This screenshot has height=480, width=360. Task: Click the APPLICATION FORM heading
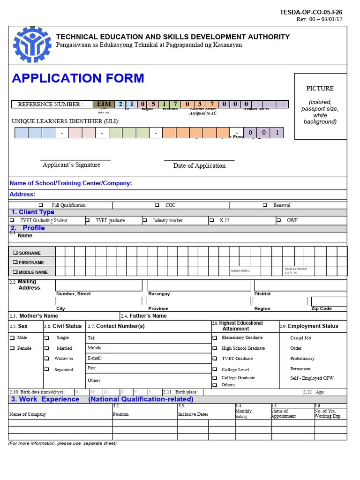pyautogui.click(x=78, y=78)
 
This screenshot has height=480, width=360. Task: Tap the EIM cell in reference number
pyautogui.click(x=104, y=104)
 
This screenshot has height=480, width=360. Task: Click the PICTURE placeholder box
pyautogui.click(x=320, y=106)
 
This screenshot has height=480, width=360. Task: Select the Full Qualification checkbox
pyautogui.click(x=41, y=205)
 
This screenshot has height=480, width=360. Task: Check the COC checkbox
pyautogui.click(x=157, y=205)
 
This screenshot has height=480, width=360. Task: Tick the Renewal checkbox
pyautogui.click(x=265, y=205)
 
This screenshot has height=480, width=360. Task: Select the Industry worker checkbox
pyautogui.click(x=145, y=220)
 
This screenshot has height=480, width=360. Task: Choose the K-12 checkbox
pyautogui.click(x=211, y=220)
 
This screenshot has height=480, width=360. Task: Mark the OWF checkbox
pyautogui.click(x=278, y=220)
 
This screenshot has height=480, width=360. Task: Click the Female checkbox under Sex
pyautogui.click(x=12, y=348)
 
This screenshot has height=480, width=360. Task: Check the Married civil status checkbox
pyautogui.click(x=46, y=348)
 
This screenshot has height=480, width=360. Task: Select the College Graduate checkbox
pyautogui.click(x=214, y=378)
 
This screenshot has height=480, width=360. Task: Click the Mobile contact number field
pyautogui.click(x=148, y=348)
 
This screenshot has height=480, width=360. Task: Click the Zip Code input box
pyautogui.click(x=329, y=301)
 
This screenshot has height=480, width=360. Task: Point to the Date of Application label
pyautogui.click(x=199, y=165)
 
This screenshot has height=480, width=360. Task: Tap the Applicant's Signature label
pyautogui.click(x=71, y=165)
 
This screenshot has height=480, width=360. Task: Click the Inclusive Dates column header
pyautogui.click(x=193, y=414)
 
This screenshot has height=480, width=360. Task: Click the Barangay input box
pyautogui.click(x=199, y=285)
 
